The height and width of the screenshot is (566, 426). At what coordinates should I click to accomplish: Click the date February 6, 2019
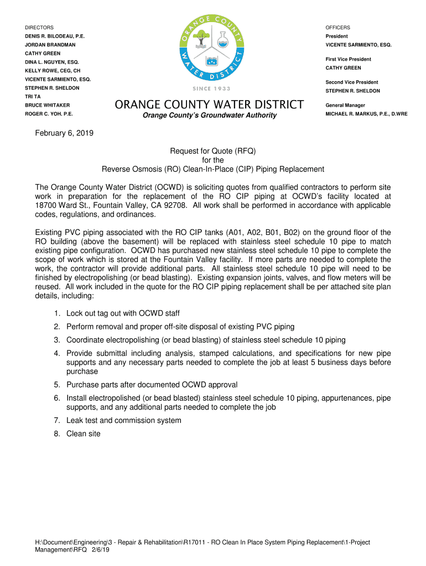[64, 133]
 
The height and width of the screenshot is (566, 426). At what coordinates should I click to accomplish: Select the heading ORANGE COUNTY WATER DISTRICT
[209, 104]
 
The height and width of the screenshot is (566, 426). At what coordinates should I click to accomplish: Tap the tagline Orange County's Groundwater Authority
[209, 115]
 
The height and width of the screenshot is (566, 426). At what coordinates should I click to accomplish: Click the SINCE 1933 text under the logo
[212, 88]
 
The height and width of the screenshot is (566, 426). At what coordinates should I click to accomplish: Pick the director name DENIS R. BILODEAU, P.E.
[55, 36]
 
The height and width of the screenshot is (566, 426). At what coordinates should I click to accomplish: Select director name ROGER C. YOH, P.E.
[49, 114]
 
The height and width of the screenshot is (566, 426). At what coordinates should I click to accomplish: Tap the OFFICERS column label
[337, 28]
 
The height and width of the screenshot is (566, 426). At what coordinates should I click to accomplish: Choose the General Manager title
[345, 105]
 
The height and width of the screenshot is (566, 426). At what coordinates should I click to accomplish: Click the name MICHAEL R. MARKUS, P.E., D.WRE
[366, 114]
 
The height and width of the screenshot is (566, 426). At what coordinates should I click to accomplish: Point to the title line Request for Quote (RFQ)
[212, 151]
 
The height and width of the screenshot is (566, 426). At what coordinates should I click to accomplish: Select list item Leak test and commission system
[123, 421]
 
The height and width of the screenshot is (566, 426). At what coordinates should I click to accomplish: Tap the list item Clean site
[84, 434]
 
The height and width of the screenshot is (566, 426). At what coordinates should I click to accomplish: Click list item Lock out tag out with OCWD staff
[123, 313]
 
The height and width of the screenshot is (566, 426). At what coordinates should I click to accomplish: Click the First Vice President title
[348, 59]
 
